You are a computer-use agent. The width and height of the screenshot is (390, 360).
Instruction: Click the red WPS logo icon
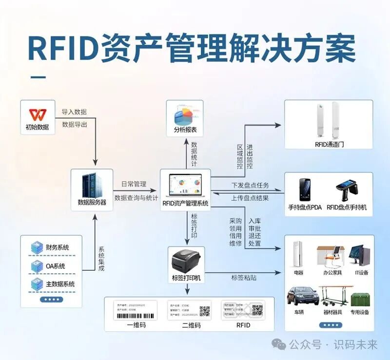tap(37, 114)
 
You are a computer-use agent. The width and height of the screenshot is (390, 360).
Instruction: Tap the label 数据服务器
tap(92, 202)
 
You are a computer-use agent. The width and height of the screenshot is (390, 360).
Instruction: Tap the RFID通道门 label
tap(330, 145)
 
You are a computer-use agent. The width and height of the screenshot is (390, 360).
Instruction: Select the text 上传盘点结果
tap(250, 197)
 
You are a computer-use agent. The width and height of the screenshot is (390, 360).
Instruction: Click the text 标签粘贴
tap(244, 278)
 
